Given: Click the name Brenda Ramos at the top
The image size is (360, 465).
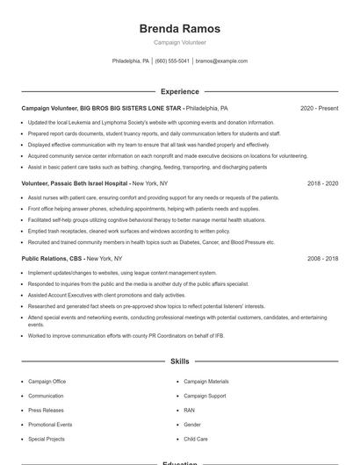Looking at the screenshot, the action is tap(180, 29).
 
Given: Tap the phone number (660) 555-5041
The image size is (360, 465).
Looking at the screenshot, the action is tap(172, 61).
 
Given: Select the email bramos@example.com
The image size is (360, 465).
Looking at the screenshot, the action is tap(221, 61).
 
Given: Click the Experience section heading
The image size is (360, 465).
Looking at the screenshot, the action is tap(180, 91).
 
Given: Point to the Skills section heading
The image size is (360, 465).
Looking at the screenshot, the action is tap(180, 361).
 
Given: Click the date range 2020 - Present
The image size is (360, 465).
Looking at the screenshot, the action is tap(319, 108).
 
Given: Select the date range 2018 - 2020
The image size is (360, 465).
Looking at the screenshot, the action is tap(322, 183).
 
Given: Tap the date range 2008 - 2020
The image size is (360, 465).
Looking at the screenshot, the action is tap(322, 259).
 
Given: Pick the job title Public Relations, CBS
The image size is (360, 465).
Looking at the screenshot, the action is tap(53, 259).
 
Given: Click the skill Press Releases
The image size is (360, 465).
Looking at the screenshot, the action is tap(46, 410).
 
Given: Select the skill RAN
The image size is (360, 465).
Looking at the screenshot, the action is tap(189, 410).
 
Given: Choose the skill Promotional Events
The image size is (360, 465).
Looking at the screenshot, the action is tap(50, 424).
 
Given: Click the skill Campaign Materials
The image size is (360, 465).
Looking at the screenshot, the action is tap(205, 382).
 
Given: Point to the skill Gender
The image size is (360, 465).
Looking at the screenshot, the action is tap(191, 424).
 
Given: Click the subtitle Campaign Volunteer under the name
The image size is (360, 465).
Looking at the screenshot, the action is tap(180, 42).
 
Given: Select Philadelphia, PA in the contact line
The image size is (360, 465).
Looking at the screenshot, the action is tap(131, 61).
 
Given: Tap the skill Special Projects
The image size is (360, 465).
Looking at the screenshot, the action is tap(47, 438).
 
